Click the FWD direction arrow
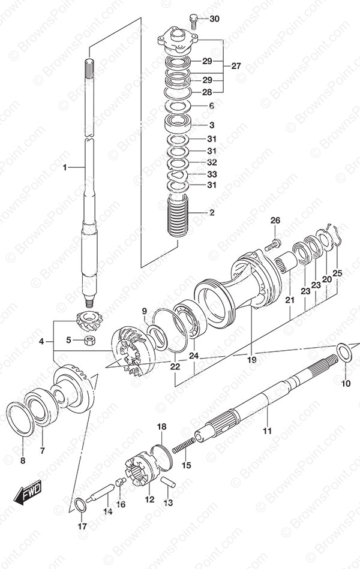[28, 492]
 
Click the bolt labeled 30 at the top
[194, 20]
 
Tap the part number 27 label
[236, 66]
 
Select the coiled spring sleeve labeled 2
[178, 215]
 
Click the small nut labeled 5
[89, 341]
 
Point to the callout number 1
[65, 167]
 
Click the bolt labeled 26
[272, 245]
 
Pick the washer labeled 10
[343, 352]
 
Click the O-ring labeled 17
[80, 505]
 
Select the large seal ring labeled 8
[21, 419]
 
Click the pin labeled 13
[168, 482]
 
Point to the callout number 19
[252, 360]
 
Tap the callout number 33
[212, 174]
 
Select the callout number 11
[267, 430]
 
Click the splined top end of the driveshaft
[89, 68]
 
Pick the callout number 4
[41, 341]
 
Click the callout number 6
[211, 106]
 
